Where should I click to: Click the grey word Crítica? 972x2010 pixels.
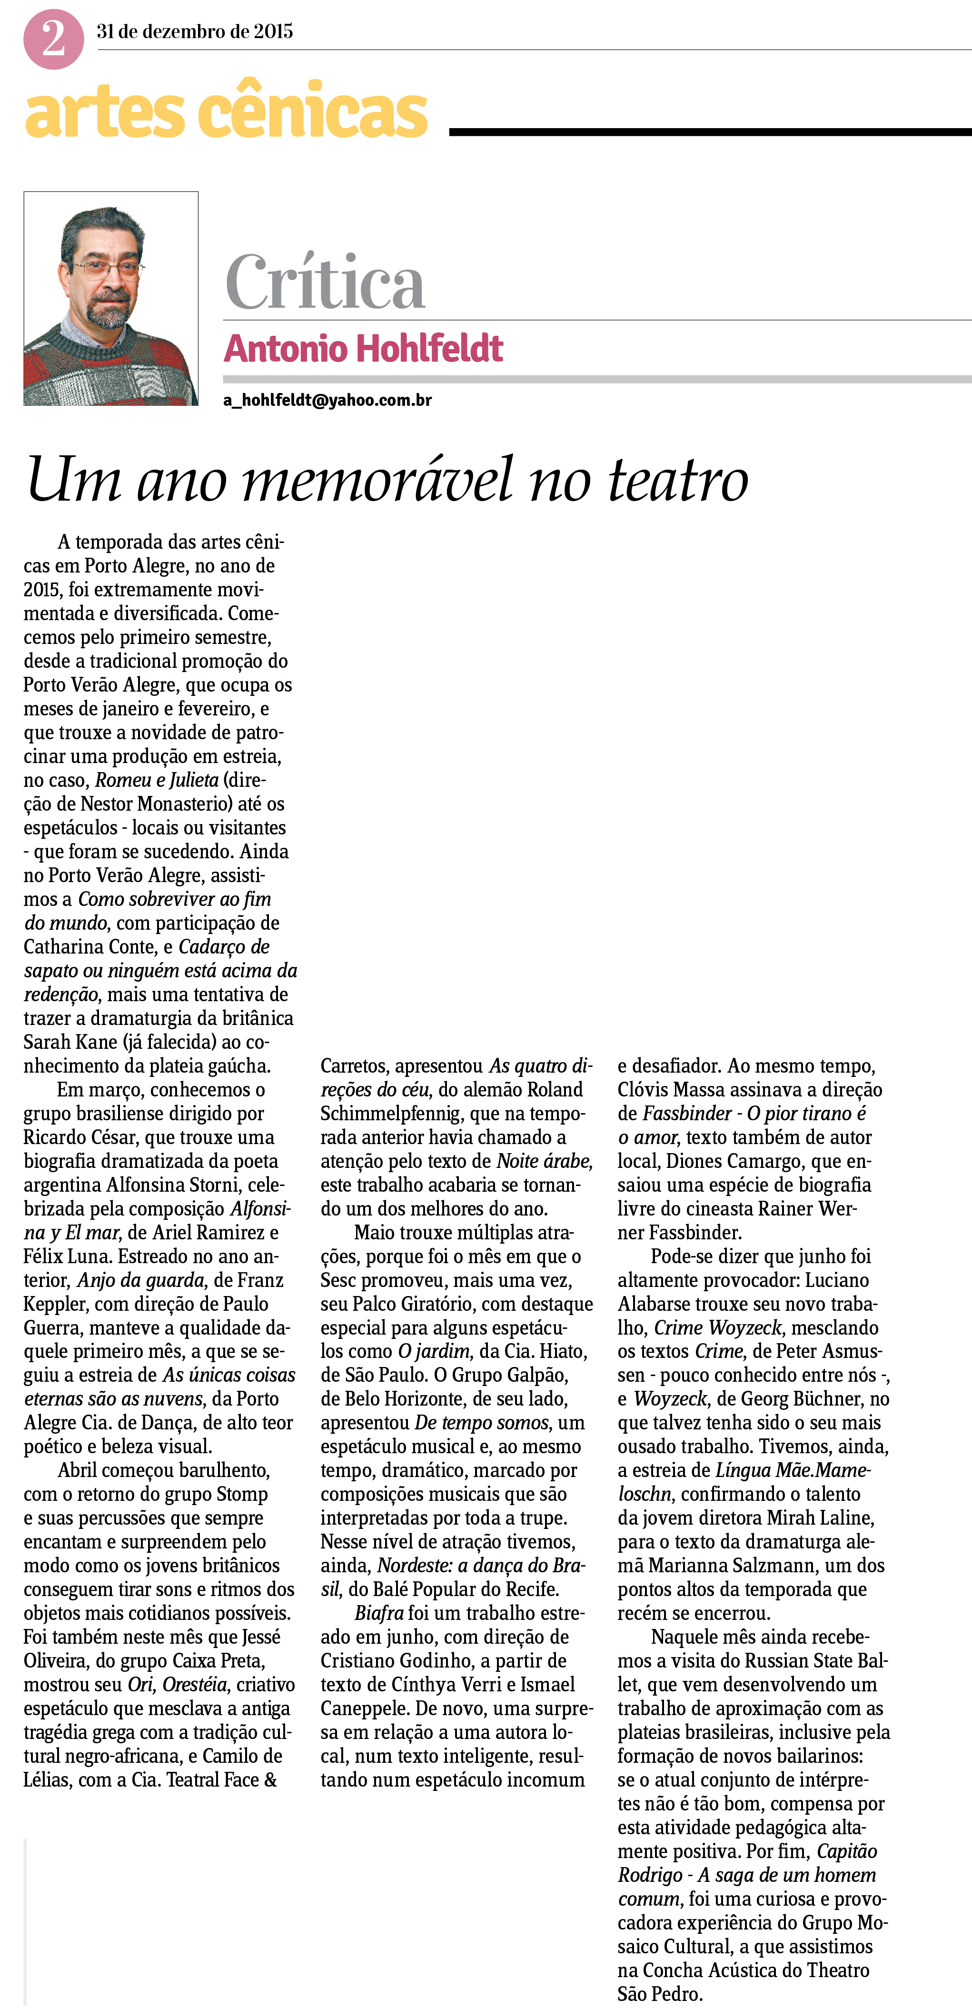pyautogui.click(x=325, y=282)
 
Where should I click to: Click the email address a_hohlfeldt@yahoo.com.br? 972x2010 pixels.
pyautogui.click(x=327, y=400)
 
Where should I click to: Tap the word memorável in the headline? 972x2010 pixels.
pyautogui.click(x=378, y=479)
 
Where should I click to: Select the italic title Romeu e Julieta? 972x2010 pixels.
pyautogui.click(x=157, y=780)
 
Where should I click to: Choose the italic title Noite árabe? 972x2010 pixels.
pyautogui.click(x=543, y=1161)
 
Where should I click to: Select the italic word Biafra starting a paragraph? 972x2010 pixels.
pyautogui.click(x=379, y=1613)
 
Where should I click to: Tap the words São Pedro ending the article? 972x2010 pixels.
pyautogui.click(x=659, y=1994)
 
